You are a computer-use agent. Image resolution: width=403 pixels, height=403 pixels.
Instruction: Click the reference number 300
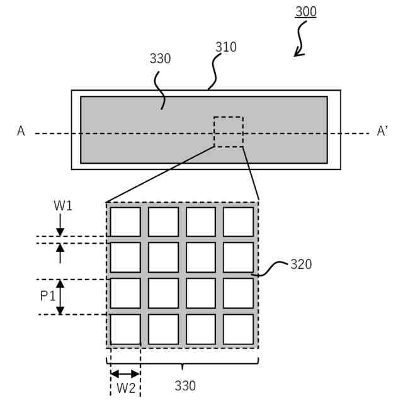pyautogui.click(x=306, y=12)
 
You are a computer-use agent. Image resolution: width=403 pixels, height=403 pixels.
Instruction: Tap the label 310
pyautogui.click(x=225, y=47)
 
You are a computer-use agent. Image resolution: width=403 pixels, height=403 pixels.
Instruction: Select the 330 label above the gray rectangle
pyautogui.click(x=160, y=59)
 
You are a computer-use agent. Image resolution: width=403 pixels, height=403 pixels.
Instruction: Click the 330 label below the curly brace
pyautogui.click(x=185, y=385)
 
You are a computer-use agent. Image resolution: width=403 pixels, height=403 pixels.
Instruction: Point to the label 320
pyautogui.click(x=301, y=264)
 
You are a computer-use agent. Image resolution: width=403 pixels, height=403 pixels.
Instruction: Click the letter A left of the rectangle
pyautogui.click(x=21, y=132)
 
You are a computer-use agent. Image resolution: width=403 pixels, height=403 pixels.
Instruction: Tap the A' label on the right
pyautogui.click(x=383, y=131)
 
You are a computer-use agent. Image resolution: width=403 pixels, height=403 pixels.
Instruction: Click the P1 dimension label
pyautogui.click(x=48, y=296)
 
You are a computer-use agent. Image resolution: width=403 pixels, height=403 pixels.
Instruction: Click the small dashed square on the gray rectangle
pyautogui.click(x=228, y=132)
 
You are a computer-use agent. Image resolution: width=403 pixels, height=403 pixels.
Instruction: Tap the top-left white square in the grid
pyautogui.click(x=125, y=222)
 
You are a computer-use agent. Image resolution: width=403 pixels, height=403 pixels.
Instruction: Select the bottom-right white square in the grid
pyautogui.click(x=238, y=329)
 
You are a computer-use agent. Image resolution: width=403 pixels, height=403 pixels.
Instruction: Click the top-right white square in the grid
pyautogui.click(x=238, y=222)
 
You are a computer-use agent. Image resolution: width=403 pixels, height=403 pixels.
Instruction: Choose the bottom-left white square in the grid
pyautogui.click(x=125, y=329)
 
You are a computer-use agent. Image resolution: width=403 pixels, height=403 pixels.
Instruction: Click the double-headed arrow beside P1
pyautogui.click(x=60, y=297)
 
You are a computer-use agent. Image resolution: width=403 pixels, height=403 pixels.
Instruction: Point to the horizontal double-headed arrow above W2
pyautogui.click(x=125, y=373)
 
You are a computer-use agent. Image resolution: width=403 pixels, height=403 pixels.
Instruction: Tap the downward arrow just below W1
pyautogui.click(x=60, y=225)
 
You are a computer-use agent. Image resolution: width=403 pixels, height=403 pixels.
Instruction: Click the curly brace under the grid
pyautogui.click(x=182, y=364)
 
